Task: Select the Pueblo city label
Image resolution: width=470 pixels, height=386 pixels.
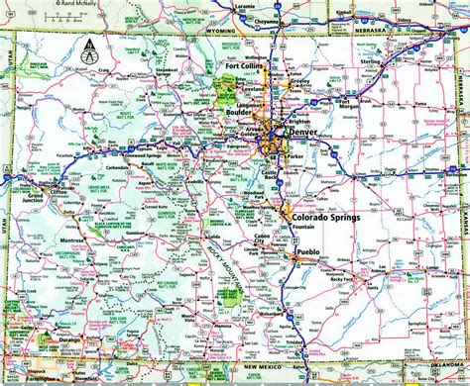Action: pyautogui.click(x=308, y=253)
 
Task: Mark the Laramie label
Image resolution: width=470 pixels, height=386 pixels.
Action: pyautogui.click(x=214, y=10)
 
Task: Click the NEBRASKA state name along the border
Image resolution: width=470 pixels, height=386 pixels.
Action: pyautogui.click(x=372, y=42)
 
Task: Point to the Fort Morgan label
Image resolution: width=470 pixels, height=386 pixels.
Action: pyautogui.click(x=348, y=102)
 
